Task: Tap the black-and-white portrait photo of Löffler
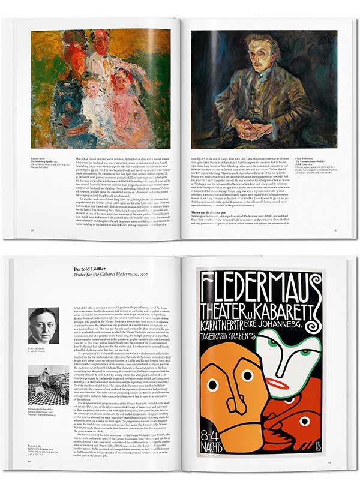tap(44, 325)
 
